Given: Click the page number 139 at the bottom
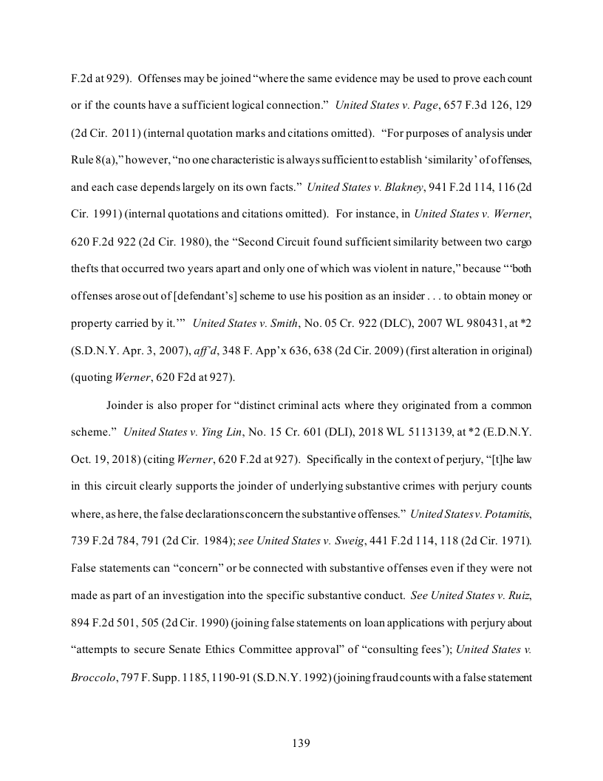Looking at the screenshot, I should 301,743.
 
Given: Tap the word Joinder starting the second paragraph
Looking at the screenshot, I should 129,406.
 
